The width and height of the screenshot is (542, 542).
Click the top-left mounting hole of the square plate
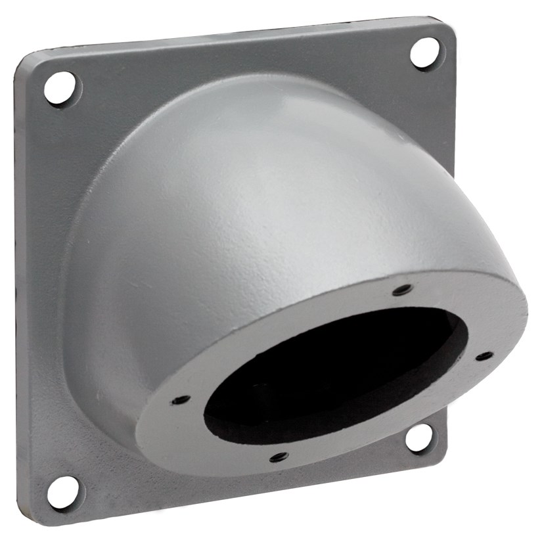pyautogui.click(x=61, y=88)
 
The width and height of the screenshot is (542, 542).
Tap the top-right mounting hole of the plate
pyautogui.click(x=425, y=52)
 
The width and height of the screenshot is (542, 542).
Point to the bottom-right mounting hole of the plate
pyautogui.click(x=418, y=438)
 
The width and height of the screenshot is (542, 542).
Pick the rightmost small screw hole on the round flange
pyautogui.click(x=484, y=356)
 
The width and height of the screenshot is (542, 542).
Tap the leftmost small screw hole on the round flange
pyautogui.click(x=180, y=399)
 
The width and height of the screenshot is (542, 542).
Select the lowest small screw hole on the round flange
pyautogui.click(x=279, y=456)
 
